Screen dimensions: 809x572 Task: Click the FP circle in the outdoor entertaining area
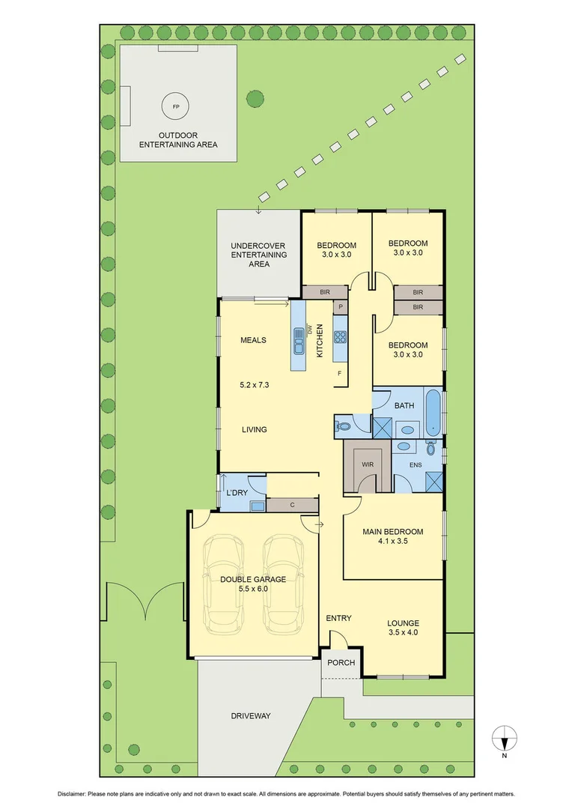pyautogui.click(x=176, y=106)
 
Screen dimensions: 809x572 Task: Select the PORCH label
pyautogui.click(x=341, y=663)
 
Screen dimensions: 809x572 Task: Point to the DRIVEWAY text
pyautogui.click(x=250, y=716)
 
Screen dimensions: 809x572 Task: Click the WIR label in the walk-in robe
pyautogui.click(x=367, y=464)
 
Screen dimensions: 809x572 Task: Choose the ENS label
pyautogui.click(x=417, y=464)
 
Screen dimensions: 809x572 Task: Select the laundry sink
pyautogui.click(x=257, y=506)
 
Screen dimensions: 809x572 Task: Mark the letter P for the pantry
pyautogui.click(x=340, y=307)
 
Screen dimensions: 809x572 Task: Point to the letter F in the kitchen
pyautogui.click(x=340, y=373)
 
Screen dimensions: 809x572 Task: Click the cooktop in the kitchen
pyautogui.click(x=340, y=337)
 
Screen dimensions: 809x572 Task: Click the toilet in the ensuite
pyautogui.click(x=430, y=447)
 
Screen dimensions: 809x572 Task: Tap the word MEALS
pyautogui.click(x=253, y=340)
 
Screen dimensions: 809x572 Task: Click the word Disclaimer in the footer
pyautogui.click(x=73, y=794)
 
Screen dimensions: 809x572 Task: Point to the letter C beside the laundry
pyautogui.click(x=292, y=506)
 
